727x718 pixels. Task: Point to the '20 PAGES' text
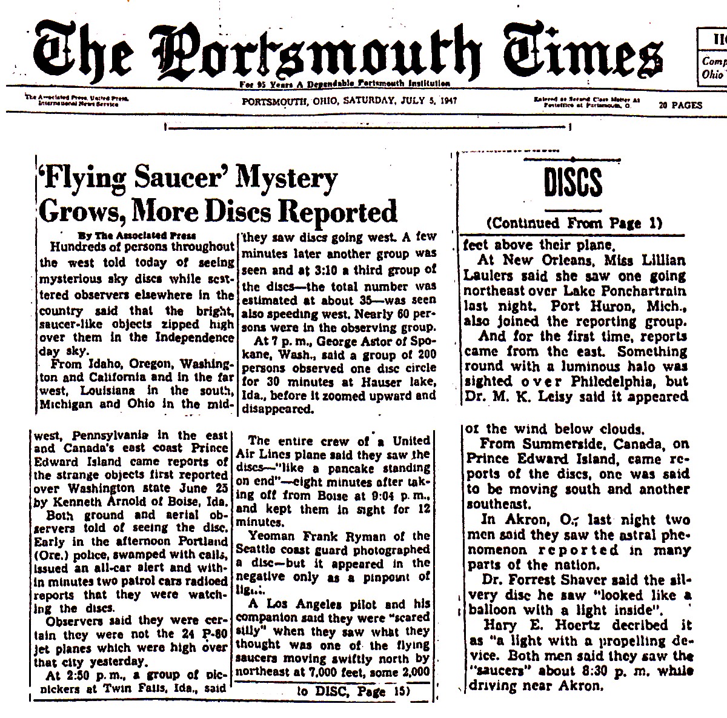click(x=681, y=105)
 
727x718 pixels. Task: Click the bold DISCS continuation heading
click(x=571, y=184)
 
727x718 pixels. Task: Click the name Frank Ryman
click(x=352, y=536)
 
